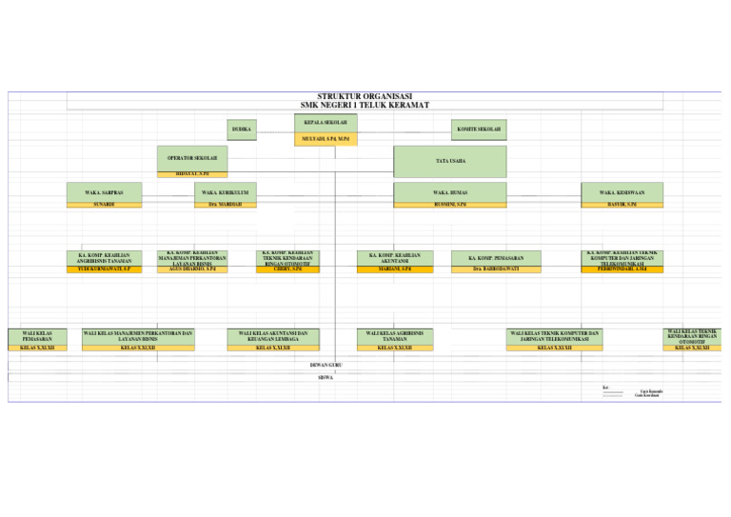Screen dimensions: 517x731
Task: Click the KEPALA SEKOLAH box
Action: coord(325,123)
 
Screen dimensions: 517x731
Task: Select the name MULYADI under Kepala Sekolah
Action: coord(325,138)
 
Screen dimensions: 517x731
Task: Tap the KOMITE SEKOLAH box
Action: coord(479,129)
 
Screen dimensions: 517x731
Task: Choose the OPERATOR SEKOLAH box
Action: coord(192,158)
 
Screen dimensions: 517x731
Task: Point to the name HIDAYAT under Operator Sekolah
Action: coord(192,174)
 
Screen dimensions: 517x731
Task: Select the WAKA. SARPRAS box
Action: coord(104,192)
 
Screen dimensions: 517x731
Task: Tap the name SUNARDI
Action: coord(104,205)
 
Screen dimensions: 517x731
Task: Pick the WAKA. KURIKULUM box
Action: coord(225,192)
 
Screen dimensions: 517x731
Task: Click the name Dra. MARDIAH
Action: coord(225,205)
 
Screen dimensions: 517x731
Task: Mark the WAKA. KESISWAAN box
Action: coord(622,192)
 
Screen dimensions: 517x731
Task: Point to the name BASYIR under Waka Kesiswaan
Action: coord(622,205)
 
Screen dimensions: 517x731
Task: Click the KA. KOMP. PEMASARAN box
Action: coord(495,258)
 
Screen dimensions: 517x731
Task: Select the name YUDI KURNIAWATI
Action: coord(104,269)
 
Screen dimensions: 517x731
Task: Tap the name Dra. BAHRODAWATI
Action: coord(495,269)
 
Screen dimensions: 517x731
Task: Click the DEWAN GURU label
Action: coord(326,365)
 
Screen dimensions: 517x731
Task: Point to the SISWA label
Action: coord(326,377)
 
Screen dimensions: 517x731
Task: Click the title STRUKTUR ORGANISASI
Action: coord(365,96)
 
